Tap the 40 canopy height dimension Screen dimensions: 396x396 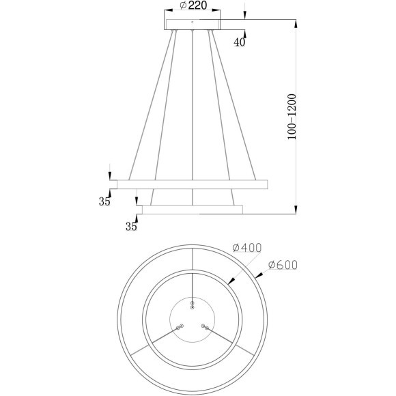[240, 42]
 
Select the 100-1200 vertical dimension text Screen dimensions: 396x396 [292, 117]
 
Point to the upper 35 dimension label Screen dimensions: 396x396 [104, 201]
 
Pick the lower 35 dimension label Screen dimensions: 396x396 [132, 227]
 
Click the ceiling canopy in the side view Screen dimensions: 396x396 [193, 25]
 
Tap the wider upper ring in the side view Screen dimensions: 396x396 [193, 184]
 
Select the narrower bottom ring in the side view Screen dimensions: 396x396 [191, 208]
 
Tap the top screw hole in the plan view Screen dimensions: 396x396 [193, 303]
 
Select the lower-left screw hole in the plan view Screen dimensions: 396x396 [180, 327]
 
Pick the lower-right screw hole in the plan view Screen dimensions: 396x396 [204, 327]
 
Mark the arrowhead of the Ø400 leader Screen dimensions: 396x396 [230, 281]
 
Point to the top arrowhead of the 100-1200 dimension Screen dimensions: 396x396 [296, 24]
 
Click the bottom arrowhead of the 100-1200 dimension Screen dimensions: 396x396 [296, 210]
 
